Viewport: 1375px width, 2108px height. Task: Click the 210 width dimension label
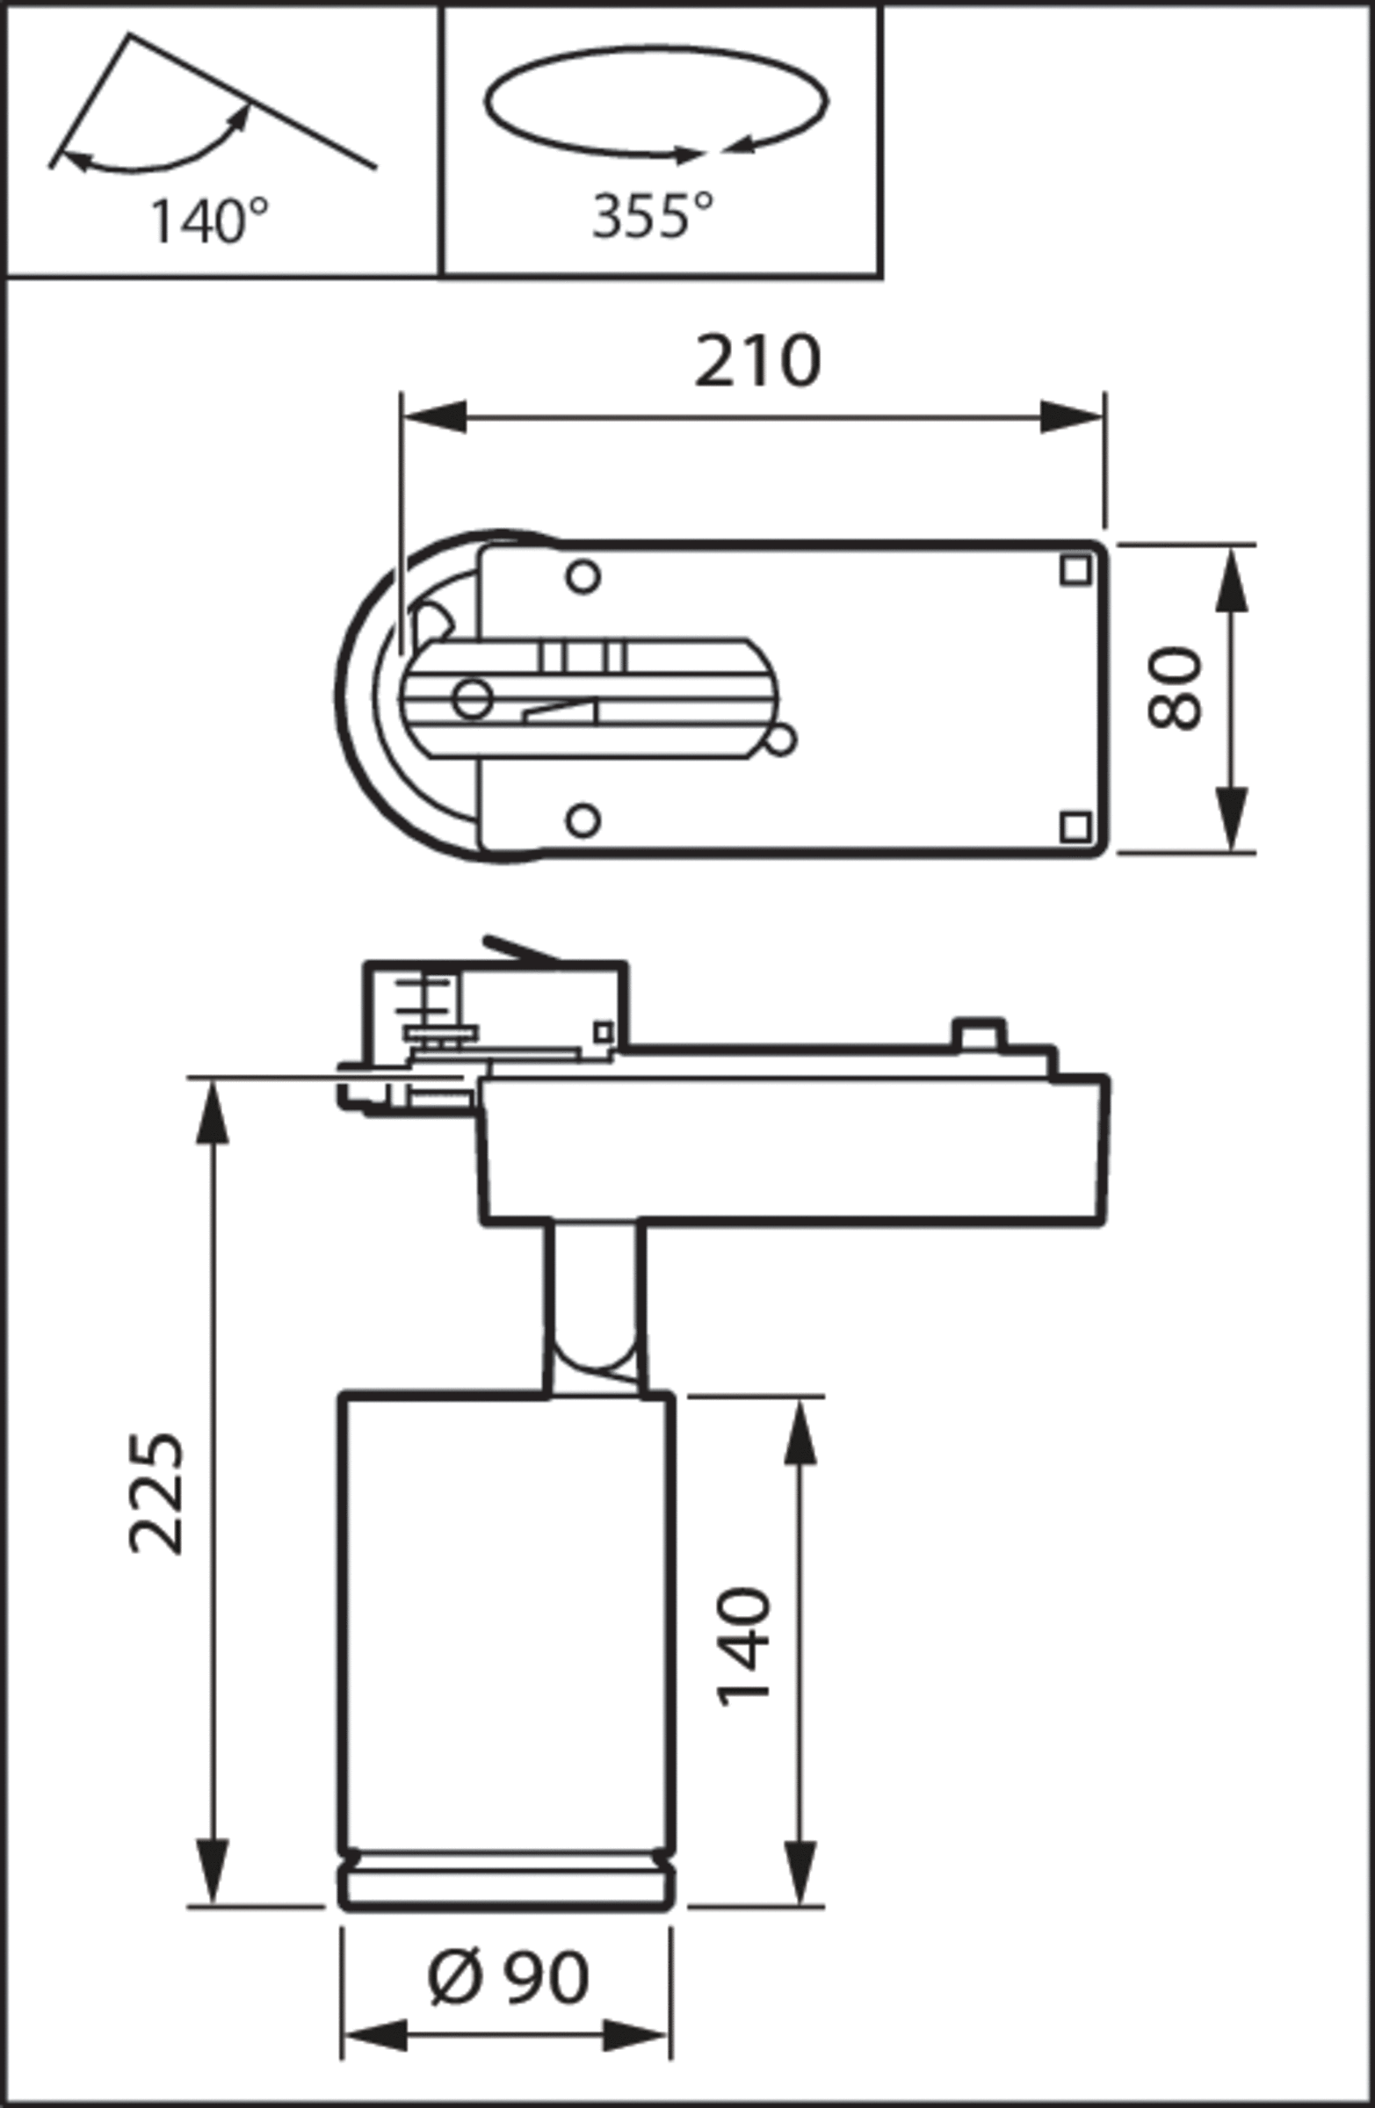pos(757,361)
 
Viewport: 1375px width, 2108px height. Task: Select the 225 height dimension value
pos(156,1493)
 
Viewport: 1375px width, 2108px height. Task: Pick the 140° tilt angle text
pos(209,221)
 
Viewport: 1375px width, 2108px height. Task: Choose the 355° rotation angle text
pos(653,215)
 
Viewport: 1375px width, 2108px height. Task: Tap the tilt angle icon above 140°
pos(212,102)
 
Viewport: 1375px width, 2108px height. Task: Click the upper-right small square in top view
pos(1075,570)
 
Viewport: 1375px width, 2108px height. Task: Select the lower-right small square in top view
pos(1075,827)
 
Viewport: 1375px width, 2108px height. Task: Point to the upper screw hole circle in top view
pos(583,576)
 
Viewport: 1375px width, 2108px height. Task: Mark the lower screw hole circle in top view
pos(583,820)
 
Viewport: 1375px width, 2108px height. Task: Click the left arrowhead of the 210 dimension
pos(435,416)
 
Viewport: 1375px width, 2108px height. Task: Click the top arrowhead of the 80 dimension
pos(1232,579)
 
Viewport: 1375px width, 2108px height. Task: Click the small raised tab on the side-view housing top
pos(978,1034)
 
